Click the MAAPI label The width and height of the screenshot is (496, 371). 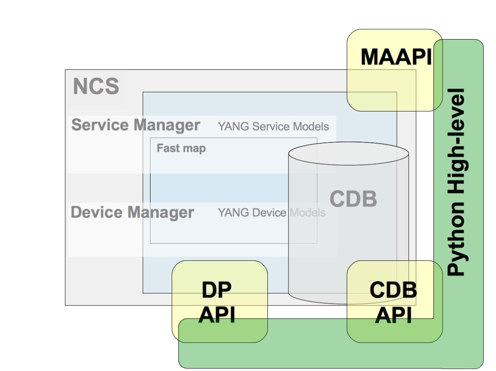pyautogui.click(x=396, y=57)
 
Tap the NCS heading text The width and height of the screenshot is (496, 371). pyautogui.click(x=96, y=87)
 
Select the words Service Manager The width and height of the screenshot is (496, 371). pyautogui.click(x=136, y=125)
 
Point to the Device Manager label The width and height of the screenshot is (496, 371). pyautogui.click(x=132, y=212)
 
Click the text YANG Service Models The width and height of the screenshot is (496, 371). pyautogui.click(x=273, y=126)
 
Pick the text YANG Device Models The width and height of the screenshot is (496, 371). pyautogui.click(x=272, y=213)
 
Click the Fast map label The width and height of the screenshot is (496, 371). pyautogui.click(x=181, y=148)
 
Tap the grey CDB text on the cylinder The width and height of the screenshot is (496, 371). pyautogui.click(x=353, y=199)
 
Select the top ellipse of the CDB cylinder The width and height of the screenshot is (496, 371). pyautogui.click(x=348, y=154)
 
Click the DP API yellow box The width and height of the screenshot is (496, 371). pyautogui.click(x=219, y=301)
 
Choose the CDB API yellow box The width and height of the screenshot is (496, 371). pyautogui.click(x=394, y=301)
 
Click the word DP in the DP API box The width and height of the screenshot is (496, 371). pyautogui.click(x=216, y=291)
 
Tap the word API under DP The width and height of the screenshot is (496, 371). pyautogui.click(x=217, y=316)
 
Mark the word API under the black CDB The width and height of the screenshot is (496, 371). pyautogui.click(x=393, y=316)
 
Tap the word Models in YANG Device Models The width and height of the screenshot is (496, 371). pyautogui.click(x=308, y=213)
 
